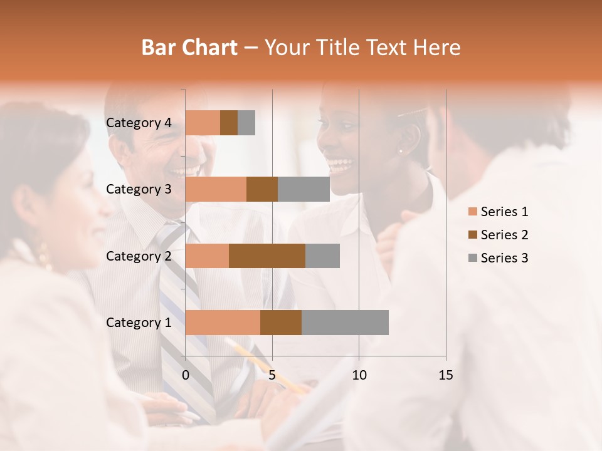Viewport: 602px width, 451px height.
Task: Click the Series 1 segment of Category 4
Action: click(x=203, y=123)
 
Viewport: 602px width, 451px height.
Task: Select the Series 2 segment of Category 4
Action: click(x=229, y=123)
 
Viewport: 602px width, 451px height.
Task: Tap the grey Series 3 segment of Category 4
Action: click(x=246, y=123)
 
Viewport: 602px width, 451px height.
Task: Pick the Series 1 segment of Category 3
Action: click(x=216, y=189)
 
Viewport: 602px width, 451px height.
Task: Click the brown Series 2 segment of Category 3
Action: click(x=262, y=189)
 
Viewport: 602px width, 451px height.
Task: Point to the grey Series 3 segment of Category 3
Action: click(x=304, y=189)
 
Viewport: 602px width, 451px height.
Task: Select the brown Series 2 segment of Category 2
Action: click(x=267, y=256)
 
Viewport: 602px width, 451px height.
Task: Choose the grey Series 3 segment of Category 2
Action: click(x=322, y=256)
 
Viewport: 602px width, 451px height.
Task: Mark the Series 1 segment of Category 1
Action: click(x=223, y=323)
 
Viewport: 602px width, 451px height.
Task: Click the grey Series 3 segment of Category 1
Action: click(x=345, y=323)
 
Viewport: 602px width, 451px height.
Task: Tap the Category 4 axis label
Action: click(x=139, y=123)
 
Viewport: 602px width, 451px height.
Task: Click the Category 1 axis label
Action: click(x=139, y=323)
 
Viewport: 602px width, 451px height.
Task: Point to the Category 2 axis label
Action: click(x=139, y=256)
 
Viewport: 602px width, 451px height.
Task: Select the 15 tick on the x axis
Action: click(x=445, y=375)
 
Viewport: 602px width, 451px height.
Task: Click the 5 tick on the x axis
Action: click(x=272, y=375)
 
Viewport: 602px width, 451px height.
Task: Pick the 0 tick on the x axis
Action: click(x=186, y=375)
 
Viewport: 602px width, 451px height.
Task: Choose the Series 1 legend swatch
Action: click(x=472, y=212)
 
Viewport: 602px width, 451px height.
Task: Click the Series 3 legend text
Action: click(x=504, y=258)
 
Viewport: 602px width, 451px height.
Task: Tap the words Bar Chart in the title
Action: click(x=189, y=48)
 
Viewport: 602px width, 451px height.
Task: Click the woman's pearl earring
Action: click(x=400, y=150)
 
